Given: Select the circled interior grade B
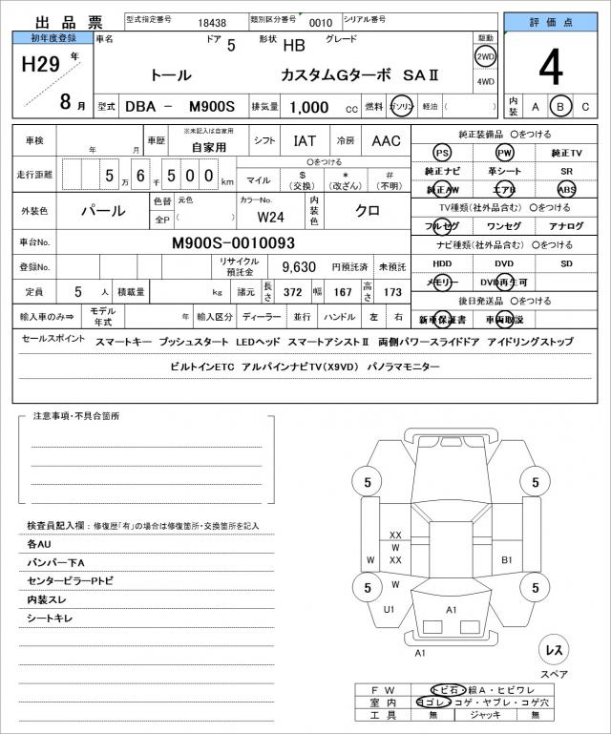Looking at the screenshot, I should (562, 106).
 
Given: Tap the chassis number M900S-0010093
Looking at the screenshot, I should (233, 242).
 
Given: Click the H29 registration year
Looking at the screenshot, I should (42, 65).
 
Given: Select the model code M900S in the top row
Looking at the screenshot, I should (213, 107).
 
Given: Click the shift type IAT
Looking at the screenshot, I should (305, 140).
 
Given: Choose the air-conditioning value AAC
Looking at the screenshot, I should (387, 140).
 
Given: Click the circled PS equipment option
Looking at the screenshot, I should (442, 153).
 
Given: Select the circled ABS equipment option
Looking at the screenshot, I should (567, 189).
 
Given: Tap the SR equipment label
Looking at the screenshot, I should (567, 171).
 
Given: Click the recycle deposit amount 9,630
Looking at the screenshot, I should (299, 266).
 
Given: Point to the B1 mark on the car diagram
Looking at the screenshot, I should (507, 560).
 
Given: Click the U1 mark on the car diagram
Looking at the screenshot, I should (389, 608).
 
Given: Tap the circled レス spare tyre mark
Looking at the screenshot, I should (553, 650).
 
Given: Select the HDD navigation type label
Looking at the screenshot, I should (442, 262).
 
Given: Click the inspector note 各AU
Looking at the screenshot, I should (39, 543).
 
